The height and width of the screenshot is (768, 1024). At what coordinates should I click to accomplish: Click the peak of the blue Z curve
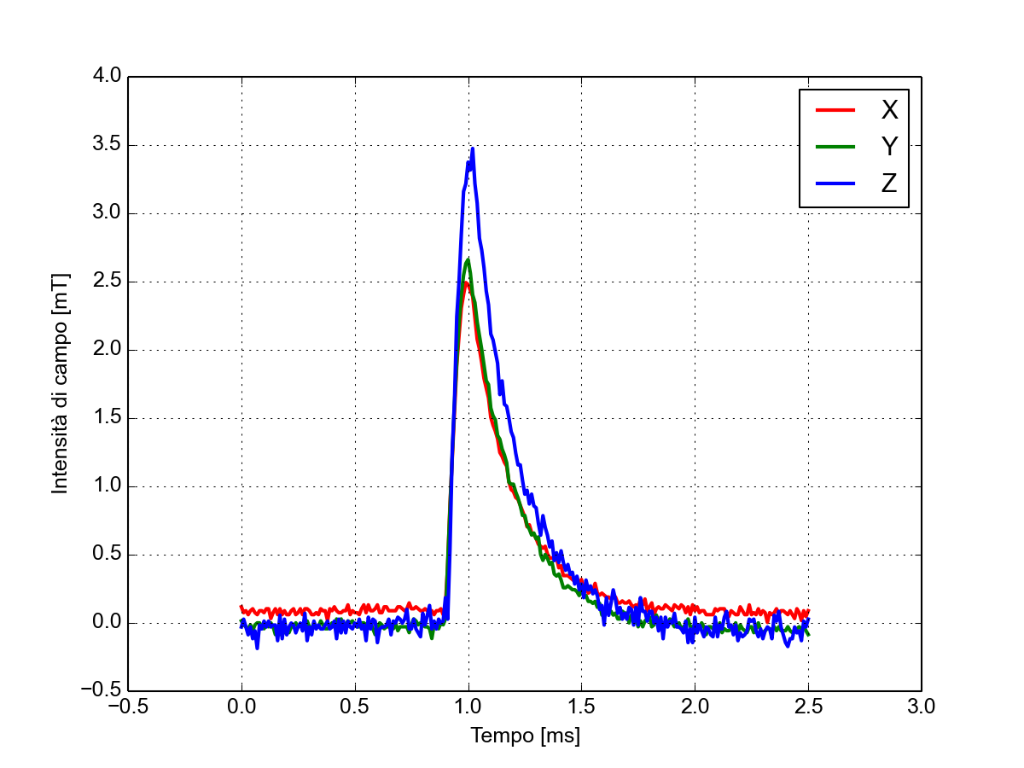point(472,149)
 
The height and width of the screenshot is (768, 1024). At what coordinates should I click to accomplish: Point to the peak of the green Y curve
point(468,259)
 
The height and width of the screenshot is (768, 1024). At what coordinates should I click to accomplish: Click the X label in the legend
point(889,109)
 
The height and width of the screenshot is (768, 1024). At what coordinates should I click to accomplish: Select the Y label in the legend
point(889,147)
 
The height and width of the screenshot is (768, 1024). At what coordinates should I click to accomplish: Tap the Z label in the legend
point(889,183)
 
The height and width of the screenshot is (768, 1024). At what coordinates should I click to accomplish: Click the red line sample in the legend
point(835,110)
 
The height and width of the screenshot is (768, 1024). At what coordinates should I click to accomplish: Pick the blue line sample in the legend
point(835,183)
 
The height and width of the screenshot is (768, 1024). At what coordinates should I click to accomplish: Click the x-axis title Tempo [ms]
point(525,736)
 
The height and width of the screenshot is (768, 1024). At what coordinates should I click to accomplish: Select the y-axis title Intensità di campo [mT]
point(60,383)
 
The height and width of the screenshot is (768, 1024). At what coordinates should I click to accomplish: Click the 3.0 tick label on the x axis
point(922,707)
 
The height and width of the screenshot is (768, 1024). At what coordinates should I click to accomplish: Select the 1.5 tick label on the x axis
point(581,707)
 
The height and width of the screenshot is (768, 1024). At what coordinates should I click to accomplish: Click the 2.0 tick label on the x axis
point(695,707)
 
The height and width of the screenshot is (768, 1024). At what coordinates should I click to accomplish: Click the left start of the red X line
point(241,607)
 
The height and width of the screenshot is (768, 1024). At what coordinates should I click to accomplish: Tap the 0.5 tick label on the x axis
point(355,707)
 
